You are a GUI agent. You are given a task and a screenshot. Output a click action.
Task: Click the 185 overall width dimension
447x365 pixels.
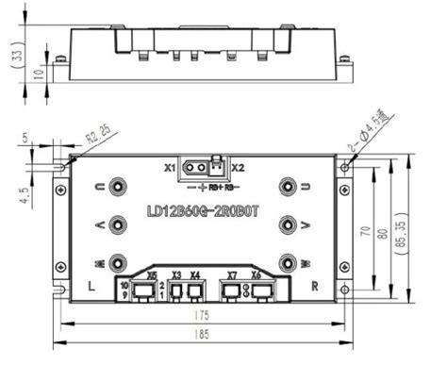203,335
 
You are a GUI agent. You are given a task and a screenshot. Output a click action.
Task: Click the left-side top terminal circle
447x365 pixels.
117,186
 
